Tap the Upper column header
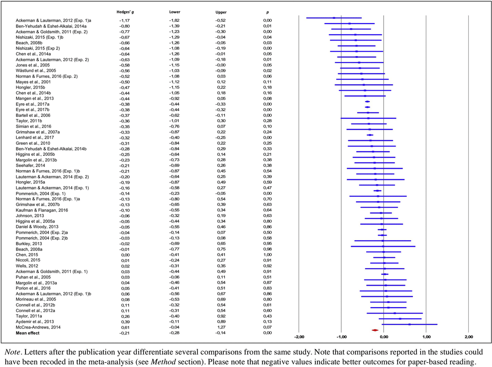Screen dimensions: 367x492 pos(221,12)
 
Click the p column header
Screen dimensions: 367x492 pos(267,12)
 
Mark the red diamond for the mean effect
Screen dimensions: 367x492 pos(374,330)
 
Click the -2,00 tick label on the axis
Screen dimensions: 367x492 pos(299,337)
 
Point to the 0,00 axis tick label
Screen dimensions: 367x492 pos(384,337)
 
